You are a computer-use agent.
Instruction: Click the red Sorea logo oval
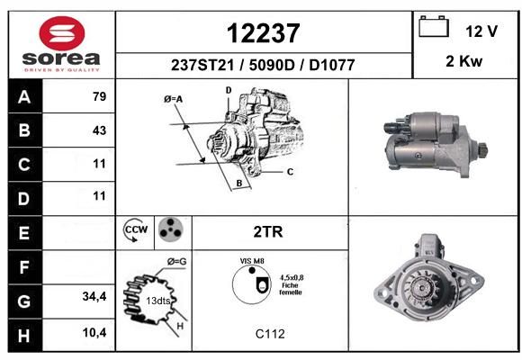[x=62, y=33]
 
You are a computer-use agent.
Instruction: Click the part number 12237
[x=264, y=33]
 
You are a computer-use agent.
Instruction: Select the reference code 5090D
[x=272, y=65]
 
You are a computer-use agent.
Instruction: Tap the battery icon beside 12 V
[x=434, y=26]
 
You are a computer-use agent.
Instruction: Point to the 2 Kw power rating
[x=463, y=61]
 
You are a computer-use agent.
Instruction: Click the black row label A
[x=25, y=96]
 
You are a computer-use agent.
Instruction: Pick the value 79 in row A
[x=100, y=96]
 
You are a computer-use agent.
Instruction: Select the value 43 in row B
[x=100, y=130]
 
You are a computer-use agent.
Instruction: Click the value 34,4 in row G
[x=94, y=296]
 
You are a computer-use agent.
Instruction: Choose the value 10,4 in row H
[x=94, y=332]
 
